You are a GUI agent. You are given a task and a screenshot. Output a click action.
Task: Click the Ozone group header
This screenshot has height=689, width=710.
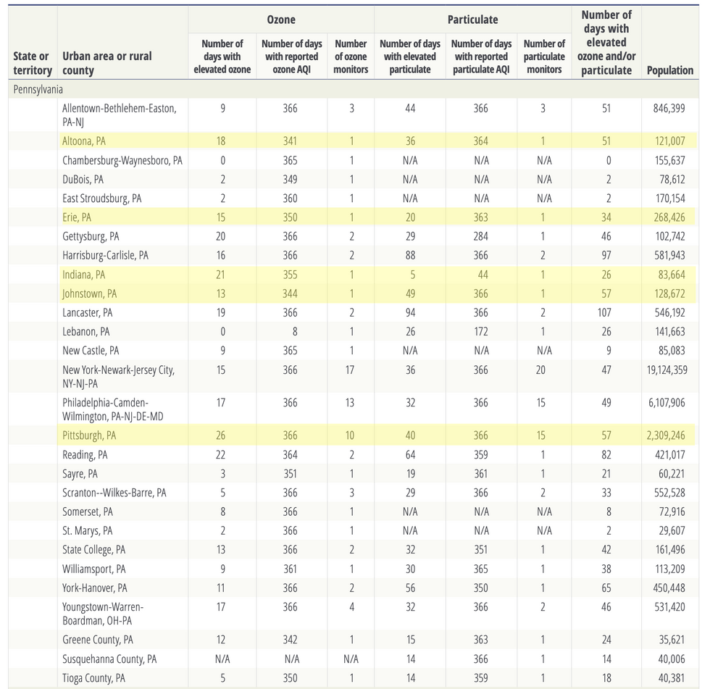(x=281, y=20)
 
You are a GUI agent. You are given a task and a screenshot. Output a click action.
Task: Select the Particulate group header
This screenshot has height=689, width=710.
(x=472, y=20)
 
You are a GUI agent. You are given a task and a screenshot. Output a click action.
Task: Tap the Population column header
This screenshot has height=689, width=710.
(x=669, y=70)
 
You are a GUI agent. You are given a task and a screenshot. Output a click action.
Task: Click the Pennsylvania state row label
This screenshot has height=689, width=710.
(x=38, y=89)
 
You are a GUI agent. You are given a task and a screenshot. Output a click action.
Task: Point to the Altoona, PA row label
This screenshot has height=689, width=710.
(x=84, y=141)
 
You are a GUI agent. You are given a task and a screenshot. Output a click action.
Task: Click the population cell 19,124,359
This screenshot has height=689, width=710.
(x=667, y=369)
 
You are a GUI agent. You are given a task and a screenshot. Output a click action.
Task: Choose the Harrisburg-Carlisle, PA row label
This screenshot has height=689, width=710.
(x=105, y=255)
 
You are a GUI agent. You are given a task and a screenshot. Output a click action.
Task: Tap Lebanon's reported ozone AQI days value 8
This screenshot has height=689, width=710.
(x=295, y=332)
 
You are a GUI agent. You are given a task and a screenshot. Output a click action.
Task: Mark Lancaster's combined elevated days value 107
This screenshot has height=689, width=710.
(x=604, y=313)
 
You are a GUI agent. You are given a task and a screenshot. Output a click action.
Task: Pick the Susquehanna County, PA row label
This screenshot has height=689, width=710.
(x=109, y=659)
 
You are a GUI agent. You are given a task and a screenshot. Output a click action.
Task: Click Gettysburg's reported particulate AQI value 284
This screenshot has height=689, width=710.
(x=481, y=236)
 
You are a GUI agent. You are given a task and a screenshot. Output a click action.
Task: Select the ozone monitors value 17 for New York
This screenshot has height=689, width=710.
(x=349, y=369)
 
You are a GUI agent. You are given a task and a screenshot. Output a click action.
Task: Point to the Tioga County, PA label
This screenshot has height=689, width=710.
(x=93, y=678)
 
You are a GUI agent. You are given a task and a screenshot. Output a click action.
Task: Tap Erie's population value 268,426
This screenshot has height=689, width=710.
(x=669, y=217)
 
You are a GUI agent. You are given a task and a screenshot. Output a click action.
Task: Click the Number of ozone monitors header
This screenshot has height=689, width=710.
(x=351, y=57)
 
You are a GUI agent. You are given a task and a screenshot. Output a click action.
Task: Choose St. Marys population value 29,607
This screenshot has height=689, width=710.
(x=672, y=530)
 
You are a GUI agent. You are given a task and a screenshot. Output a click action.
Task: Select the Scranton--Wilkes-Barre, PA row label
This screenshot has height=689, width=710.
(x=114, y=493)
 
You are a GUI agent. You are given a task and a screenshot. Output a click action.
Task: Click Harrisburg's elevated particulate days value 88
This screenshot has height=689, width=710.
(x=410, y=255)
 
